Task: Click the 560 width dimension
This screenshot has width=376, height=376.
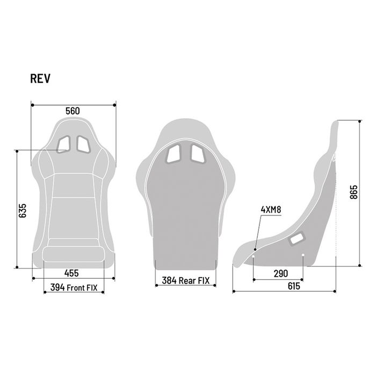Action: coord(73,111)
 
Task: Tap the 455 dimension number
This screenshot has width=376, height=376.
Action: coord(73,273)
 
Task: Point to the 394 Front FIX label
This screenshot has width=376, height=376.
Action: coord(74,287)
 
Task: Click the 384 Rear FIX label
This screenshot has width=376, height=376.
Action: coord(185,280)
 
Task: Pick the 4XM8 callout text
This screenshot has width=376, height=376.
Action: coord(271,209)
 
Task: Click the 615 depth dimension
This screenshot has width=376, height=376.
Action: coord(293,286)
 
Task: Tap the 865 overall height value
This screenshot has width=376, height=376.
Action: coord(353,192)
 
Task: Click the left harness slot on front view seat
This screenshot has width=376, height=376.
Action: coord(63,143)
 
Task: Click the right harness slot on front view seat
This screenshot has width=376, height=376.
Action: coord(84,143)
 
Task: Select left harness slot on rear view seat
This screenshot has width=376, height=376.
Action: coord(175,154)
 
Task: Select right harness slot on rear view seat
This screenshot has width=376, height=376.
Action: coord(197,154)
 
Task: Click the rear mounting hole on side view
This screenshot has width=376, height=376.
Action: coord(303,255)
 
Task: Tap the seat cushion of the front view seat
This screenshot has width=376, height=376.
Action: coord(73,252)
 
